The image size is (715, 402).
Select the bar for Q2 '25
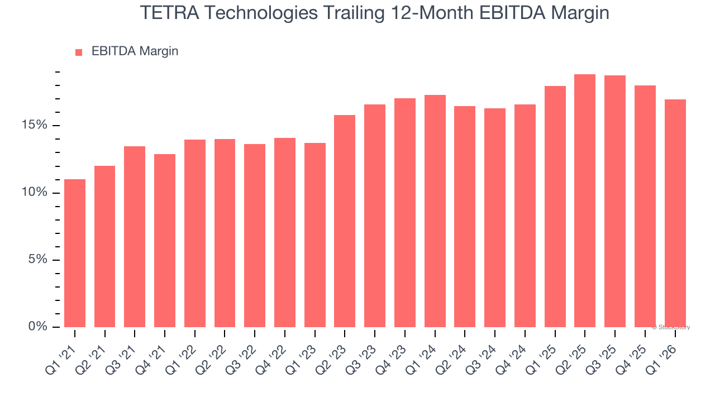click(x=585, y=200)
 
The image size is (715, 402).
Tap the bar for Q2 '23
click(x=345, y=221)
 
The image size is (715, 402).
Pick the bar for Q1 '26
click(x=675, y=213)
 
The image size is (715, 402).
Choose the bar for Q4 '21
click(x=165, y=241)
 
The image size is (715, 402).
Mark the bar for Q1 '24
click(x=435, y=211)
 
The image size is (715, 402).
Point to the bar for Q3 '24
click(x=495, y=218)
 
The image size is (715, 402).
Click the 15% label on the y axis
click(x=35, y=125)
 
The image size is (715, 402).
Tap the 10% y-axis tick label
click(x=35, y=193)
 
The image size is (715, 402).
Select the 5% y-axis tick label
click(x=37, y=260)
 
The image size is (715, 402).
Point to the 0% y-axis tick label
click(x=37, y=327)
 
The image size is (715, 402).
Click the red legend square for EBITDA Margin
click(x=79, y=52)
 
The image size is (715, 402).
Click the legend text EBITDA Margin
click(x=135, y=51)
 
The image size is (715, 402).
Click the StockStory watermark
click(x=671, y=328)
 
